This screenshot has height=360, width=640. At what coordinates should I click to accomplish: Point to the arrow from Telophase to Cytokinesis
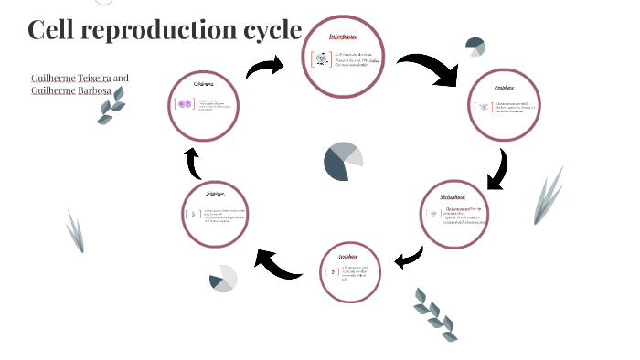193,164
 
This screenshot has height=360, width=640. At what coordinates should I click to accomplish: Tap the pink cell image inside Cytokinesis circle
184,104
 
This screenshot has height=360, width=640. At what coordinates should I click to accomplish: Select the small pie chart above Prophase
475,48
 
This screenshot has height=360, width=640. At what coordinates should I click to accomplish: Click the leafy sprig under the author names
112,107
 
